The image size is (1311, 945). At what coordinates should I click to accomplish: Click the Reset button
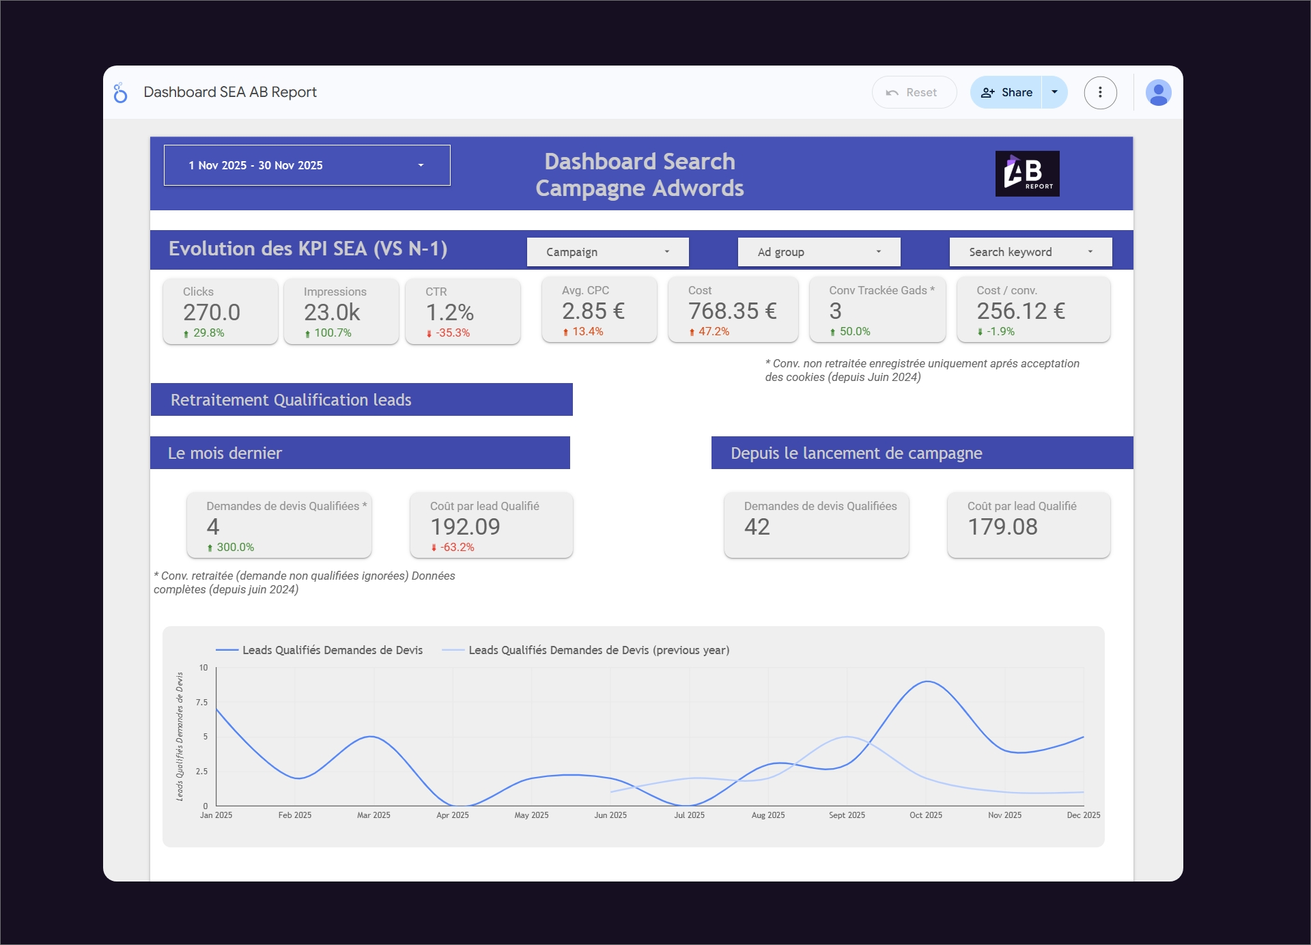914,92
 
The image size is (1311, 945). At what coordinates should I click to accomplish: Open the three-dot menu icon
1100,92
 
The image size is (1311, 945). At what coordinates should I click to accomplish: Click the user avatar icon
1158,92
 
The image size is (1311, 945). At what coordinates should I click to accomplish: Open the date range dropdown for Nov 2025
307,165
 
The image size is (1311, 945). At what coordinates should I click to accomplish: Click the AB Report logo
1027,173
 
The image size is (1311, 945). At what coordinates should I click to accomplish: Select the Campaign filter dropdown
607,252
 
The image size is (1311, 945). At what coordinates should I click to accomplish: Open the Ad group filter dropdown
819,252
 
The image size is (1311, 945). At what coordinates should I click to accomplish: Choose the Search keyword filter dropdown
1030,252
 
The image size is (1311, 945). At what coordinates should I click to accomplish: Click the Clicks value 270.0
212,312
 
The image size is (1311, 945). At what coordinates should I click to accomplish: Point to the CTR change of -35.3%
452,333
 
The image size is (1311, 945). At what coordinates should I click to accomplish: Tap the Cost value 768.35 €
732,311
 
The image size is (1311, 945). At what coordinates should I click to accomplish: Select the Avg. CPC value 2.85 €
593,311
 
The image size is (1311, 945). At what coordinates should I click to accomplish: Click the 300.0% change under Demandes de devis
234,548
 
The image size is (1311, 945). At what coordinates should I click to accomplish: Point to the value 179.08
1002,526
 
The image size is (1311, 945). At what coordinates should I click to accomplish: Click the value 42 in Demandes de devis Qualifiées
757,526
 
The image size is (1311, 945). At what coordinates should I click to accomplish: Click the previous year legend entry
598,650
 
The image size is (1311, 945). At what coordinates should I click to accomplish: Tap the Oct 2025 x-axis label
925,815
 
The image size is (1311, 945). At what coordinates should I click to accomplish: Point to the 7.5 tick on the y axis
201,702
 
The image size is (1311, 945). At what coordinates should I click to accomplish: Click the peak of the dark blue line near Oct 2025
927,681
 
